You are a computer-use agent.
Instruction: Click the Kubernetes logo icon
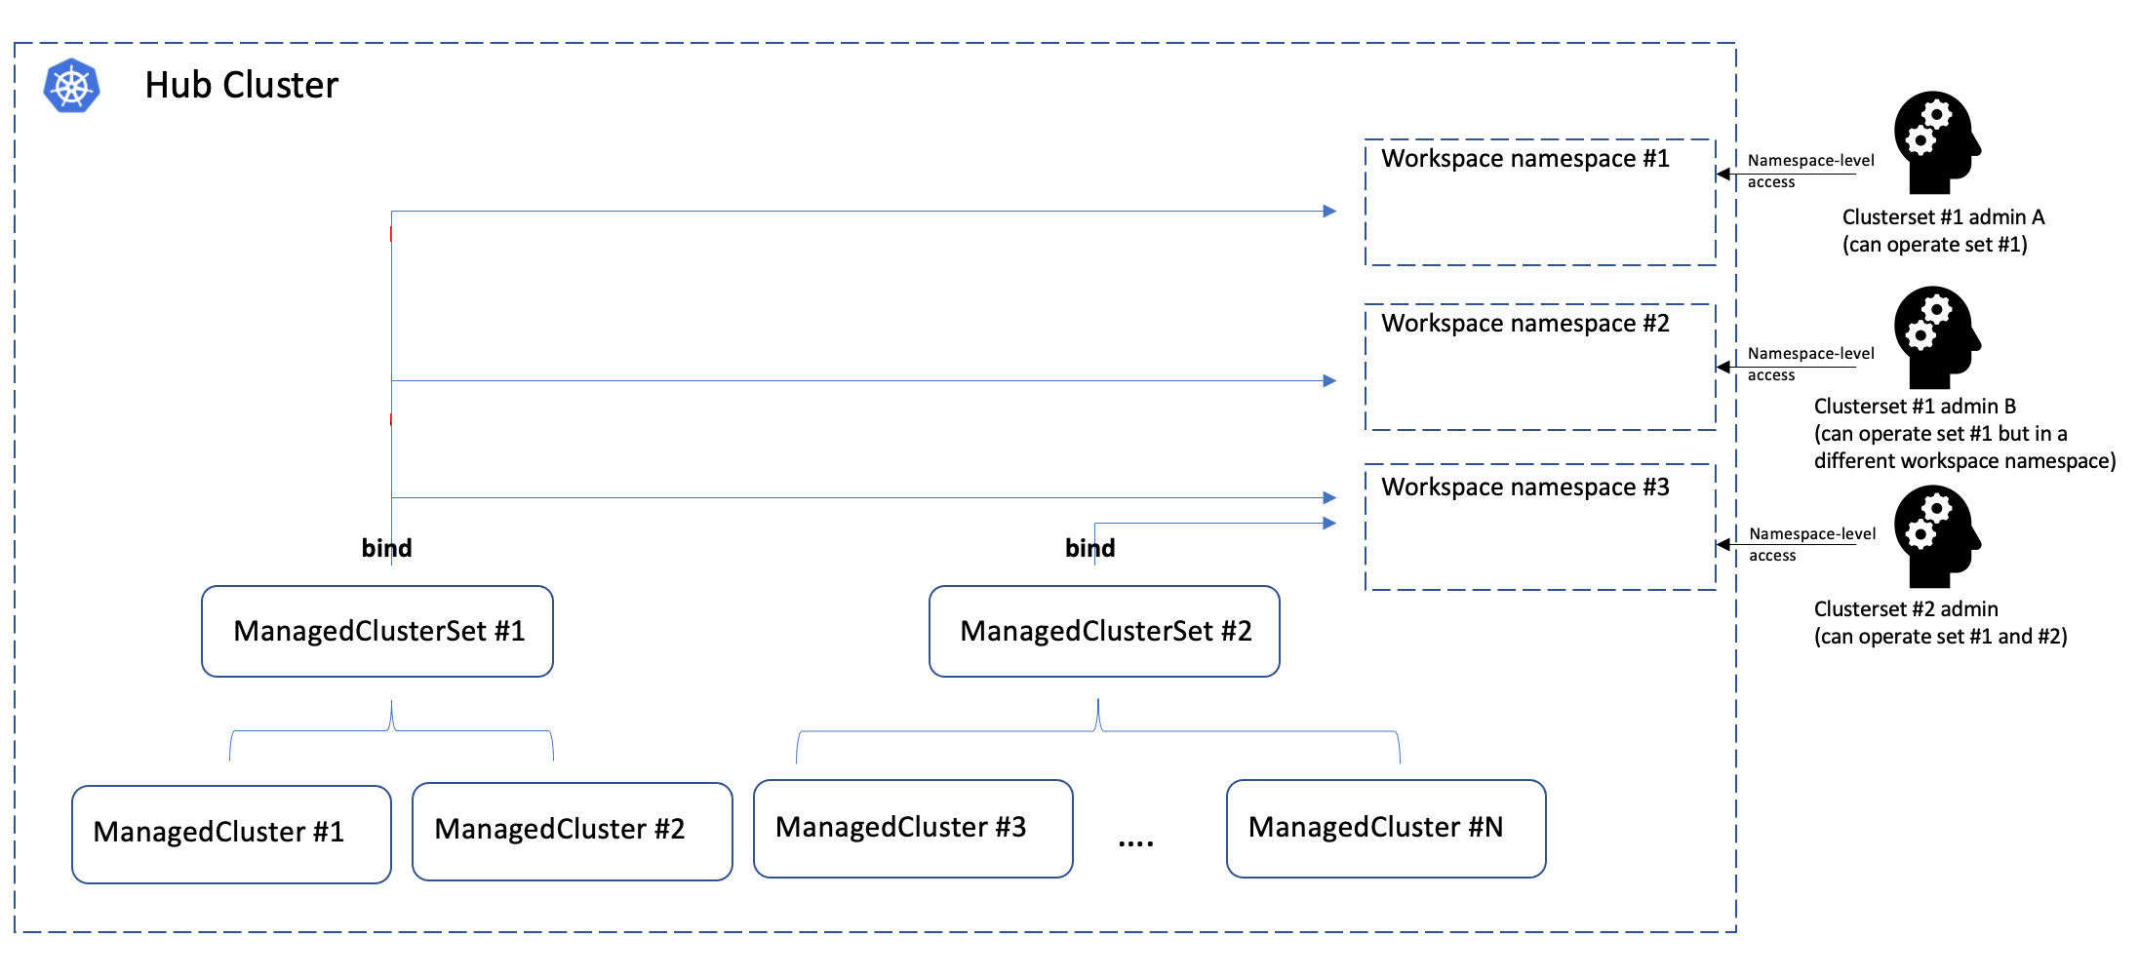71,86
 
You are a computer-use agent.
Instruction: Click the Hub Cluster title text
241,86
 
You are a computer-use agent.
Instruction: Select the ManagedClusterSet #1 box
377,631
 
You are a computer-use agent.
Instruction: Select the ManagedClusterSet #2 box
1104,631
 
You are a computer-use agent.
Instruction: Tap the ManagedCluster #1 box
231,834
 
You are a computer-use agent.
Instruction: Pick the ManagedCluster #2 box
572,831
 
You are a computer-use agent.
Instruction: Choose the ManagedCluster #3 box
913,828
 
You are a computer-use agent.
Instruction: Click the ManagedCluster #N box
1385,828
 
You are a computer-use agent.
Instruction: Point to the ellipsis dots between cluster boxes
1135,842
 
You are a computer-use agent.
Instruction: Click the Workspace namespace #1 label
1524,159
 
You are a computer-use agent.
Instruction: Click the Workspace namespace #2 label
1524,324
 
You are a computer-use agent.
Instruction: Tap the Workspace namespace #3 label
1524,488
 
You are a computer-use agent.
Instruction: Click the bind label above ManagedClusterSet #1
386,548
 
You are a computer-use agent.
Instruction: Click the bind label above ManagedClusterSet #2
1089,548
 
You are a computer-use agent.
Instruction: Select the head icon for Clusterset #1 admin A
1935,142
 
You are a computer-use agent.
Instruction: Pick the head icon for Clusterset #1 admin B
1935,337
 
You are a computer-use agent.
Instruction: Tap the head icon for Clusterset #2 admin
1935,535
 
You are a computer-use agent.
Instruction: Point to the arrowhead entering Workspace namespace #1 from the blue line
1329,211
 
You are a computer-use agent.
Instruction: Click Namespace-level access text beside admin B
1809,364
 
